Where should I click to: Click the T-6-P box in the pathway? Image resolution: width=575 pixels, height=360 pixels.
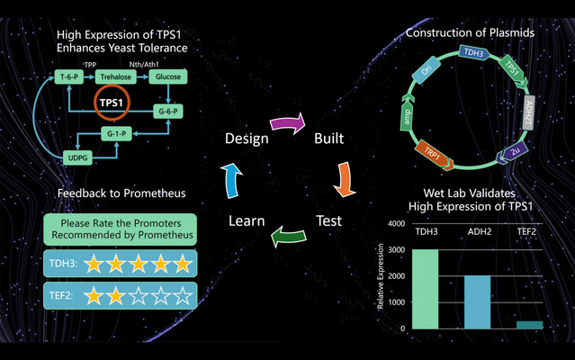(x=67, y=78)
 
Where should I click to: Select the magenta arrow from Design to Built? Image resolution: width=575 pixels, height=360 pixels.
(x=289, y=120)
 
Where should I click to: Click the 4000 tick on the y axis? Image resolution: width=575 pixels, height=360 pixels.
(x=393, y=223)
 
